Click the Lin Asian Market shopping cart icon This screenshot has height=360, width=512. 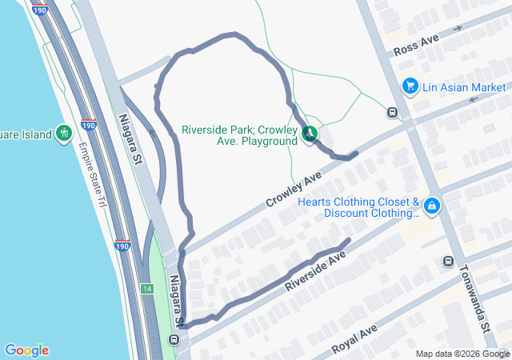[x=410, y=86]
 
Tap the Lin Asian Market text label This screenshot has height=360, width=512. [x=464, y=86]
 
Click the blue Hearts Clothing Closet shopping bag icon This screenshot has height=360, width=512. [x=432, y=206]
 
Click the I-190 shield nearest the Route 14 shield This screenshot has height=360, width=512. [x=121, y=246]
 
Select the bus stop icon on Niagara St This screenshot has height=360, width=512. [x=174, y=340]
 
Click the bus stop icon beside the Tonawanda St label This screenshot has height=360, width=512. [x=448, y=261]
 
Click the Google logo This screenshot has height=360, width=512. [x=26, y=350]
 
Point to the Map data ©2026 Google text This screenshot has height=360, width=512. [x=462, y=354]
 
